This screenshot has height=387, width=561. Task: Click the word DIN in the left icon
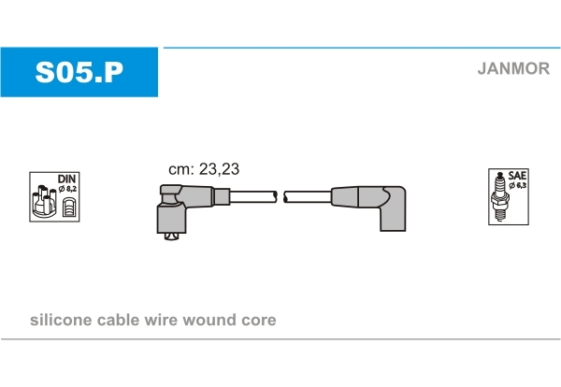pyautogui.click(x=67, y=178)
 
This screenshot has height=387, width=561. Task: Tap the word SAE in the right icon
pyautogui.click(x=517, y=176)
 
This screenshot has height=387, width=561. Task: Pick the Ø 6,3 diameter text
pyautogui.click(x=517, y=186)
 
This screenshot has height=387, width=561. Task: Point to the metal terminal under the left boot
pyautogui.click(x=169, y=236)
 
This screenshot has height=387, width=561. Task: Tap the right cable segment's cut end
pyautogui.click(x=286, y=196)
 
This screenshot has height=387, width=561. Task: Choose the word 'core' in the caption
pyautogui.click(x=259, y=321)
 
